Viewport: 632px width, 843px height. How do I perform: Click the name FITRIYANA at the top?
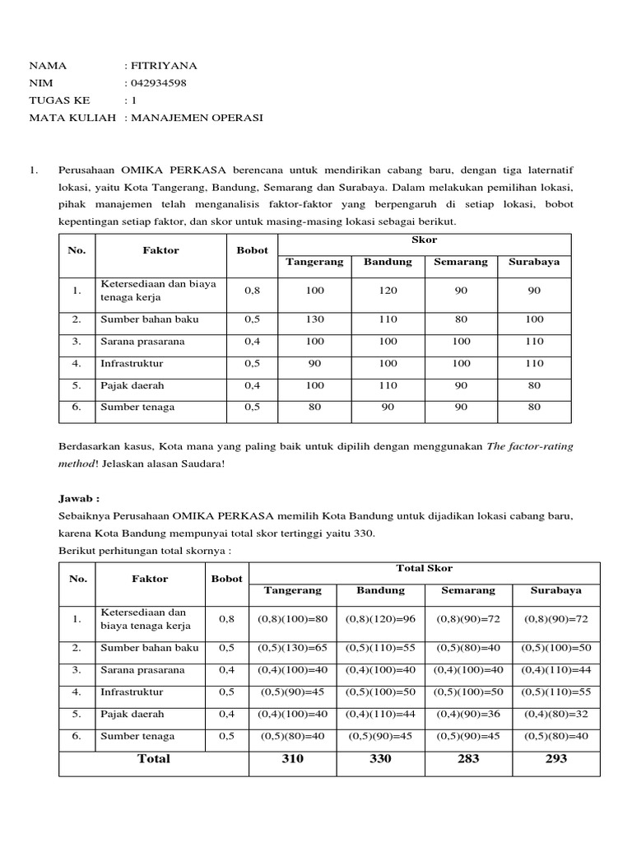(x=165, y=66)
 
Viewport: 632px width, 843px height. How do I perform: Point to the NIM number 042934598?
(x=159, y=83)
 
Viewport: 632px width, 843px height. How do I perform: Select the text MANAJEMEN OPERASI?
(x=197, y=118)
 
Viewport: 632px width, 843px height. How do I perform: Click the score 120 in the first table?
(x=388, y=291)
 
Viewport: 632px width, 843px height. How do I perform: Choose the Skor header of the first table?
(x=424, y=240)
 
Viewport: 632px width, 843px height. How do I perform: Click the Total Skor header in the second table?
(x=425, y=568)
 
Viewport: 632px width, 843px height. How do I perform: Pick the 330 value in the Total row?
(x=380, y=759)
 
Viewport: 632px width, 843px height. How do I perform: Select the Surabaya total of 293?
(x=555, y=759)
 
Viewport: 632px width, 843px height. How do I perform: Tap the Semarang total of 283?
(x=467, y=759)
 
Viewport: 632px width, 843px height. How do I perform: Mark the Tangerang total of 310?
(x=292, y=759)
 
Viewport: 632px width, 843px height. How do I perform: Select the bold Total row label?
(x=153, y=759)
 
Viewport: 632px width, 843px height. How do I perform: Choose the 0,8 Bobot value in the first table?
(x=252, y=291)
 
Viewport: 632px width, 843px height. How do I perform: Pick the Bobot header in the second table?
(x=227, y=579)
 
